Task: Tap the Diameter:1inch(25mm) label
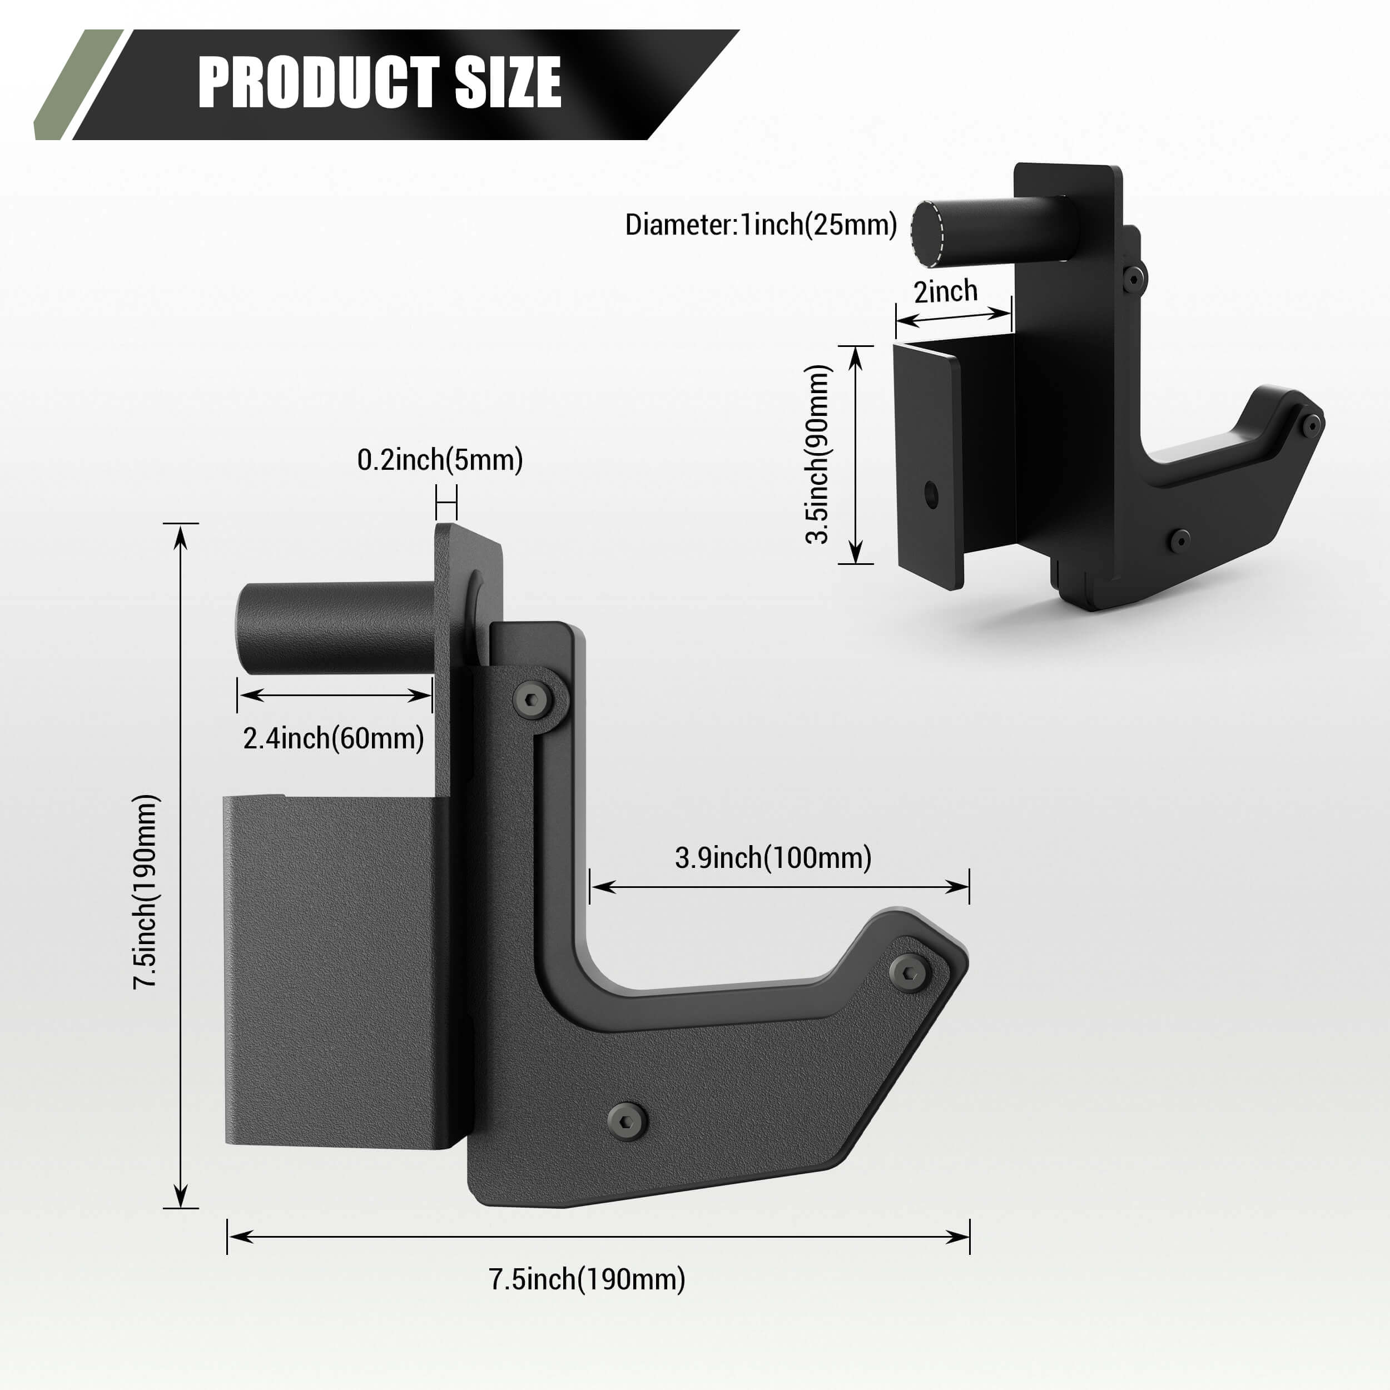coord(761,225)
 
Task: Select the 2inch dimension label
coord(945,291)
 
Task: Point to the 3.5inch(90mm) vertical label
coord(818,454)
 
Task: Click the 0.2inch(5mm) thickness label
coord(440,460)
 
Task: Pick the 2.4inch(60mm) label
coord(333,738)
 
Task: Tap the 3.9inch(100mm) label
coord(773,857)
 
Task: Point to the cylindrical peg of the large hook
coord(335,628)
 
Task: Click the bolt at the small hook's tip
coord(1312,426)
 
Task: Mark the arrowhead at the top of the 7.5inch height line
coord(181,534)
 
